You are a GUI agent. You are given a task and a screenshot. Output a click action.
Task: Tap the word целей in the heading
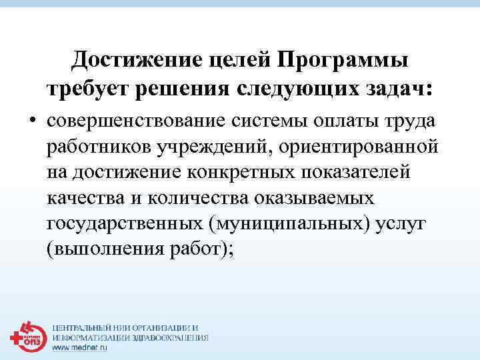[231, 61]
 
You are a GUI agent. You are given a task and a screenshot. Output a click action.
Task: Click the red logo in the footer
[26, 336]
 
